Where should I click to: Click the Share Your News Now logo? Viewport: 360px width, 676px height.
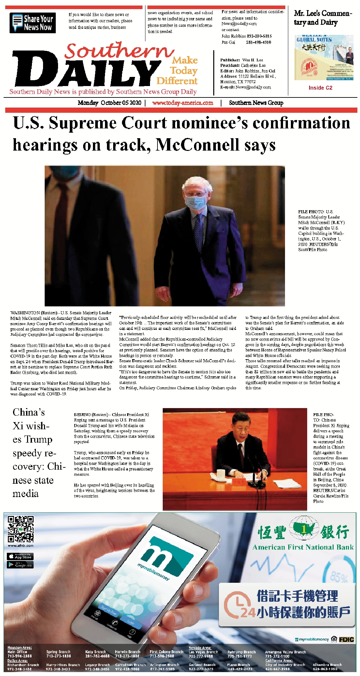click(33, 23)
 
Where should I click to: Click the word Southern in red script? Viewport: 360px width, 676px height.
click(119, 51)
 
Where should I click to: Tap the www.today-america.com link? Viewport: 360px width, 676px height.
click(183, 103)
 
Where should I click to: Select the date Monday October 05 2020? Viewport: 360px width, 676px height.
click(109, 103)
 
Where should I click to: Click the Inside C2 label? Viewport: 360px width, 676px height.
click(320, 88)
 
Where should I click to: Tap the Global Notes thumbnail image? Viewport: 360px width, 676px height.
click(323, 58)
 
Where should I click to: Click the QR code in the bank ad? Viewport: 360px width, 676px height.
click(21, 529)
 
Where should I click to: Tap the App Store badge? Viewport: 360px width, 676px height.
click(20, 556)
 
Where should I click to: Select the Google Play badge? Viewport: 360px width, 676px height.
click(20, 565)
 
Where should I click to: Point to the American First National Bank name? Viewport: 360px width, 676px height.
click(303, 547)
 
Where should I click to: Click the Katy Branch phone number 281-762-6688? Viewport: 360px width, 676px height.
click(97, 656)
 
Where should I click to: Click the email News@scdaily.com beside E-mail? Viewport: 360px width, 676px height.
click(253, 87)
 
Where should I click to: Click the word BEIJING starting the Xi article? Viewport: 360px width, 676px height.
click(82, 415)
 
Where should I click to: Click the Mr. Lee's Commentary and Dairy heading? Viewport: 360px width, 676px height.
click(322, 18)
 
